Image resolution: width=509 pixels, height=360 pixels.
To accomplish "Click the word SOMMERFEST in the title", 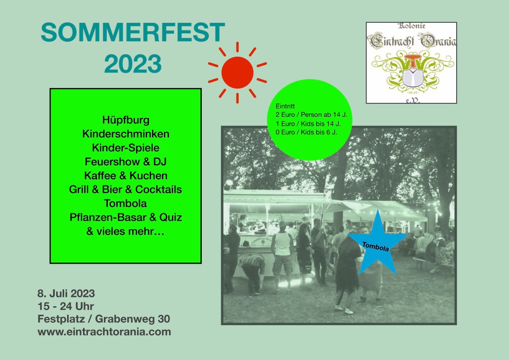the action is pyautogui.click(x=133, y=32).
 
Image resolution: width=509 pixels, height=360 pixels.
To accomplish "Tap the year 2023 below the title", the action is pyautogui.click(x=133, y=64).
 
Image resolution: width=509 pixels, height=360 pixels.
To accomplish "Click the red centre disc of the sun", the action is pyautogui.click(x=237, y=73).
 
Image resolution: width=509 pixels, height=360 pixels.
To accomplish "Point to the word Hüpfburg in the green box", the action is pyautogui.click(x=126, y=120).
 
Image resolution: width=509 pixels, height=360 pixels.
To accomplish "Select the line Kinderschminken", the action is pyautogui.click(x=126, y=134).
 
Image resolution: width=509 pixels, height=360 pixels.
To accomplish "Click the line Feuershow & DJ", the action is pyautogui.click(x=126, y=161).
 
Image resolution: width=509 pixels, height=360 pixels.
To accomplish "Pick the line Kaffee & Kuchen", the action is pyautogui.click(x=126, y=176).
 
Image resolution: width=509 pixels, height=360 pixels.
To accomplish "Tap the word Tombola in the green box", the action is pyautogui.click(x=125, y=203).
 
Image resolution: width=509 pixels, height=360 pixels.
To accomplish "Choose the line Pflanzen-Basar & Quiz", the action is pyautogui.click(x=126, y=217).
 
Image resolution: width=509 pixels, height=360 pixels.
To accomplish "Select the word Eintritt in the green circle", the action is pyautogui.click(x=285, y=106).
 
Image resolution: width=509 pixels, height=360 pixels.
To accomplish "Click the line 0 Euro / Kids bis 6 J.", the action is pyautogui.click(x=306, y=132).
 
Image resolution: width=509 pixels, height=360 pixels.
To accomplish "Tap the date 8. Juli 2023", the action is pyautogui.click(x=66, y=293).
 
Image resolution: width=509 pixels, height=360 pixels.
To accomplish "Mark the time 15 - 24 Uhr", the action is pyautogui.click(x=66, y=306).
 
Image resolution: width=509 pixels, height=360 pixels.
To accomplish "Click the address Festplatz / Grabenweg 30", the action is pyautogui.click(x=104, y=319).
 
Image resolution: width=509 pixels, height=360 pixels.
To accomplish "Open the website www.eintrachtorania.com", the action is pyautogui.click(x=104, y=332).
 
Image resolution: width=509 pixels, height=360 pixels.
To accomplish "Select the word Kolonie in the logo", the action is pyautogui.click(x=411, y=26).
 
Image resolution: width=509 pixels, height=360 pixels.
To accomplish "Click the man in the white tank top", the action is pyautogui.click(x=282, y=257).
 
